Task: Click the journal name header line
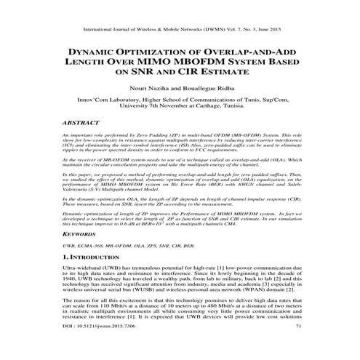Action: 180,31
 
